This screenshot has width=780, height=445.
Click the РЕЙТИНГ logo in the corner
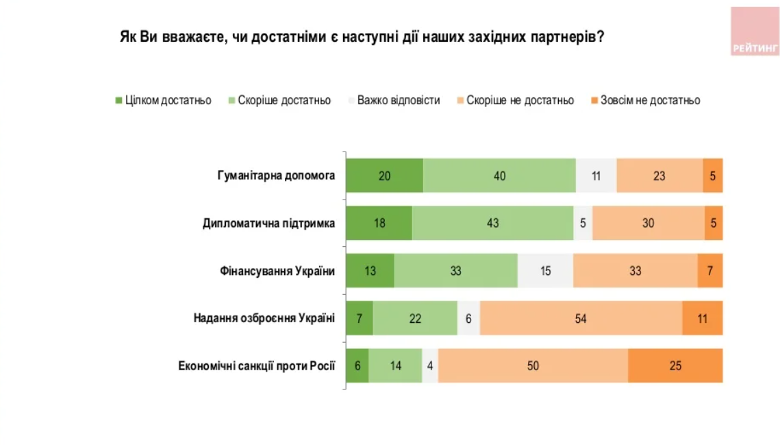point(755,32)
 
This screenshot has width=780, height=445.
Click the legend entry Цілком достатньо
point(164,101)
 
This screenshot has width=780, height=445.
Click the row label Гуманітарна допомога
point(272,176)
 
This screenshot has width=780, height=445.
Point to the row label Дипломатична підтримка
point(268,224)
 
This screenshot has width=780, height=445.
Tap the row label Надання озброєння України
point(264,318)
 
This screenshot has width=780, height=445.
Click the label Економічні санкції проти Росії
point(256,365)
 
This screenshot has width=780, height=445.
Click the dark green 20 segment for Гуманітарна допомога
point(384,176)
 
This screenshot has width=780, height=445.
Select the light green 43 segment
point(492,224)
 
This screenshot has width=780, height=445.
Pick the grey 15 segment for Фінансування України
point(545,271)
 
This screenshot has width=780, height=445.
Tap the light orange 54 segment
point(581,318)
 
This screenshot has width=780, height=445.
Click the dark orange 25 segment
point(675,365)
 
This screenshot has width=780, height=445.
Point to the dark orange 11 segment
point(702,318)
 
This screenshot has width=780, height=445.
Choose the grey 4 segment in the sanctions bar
point(430,365)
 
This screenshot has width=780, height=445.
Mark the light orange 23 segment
point(659,176)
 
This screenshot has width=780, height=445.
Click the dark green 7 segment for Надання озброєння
point(359,318)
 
